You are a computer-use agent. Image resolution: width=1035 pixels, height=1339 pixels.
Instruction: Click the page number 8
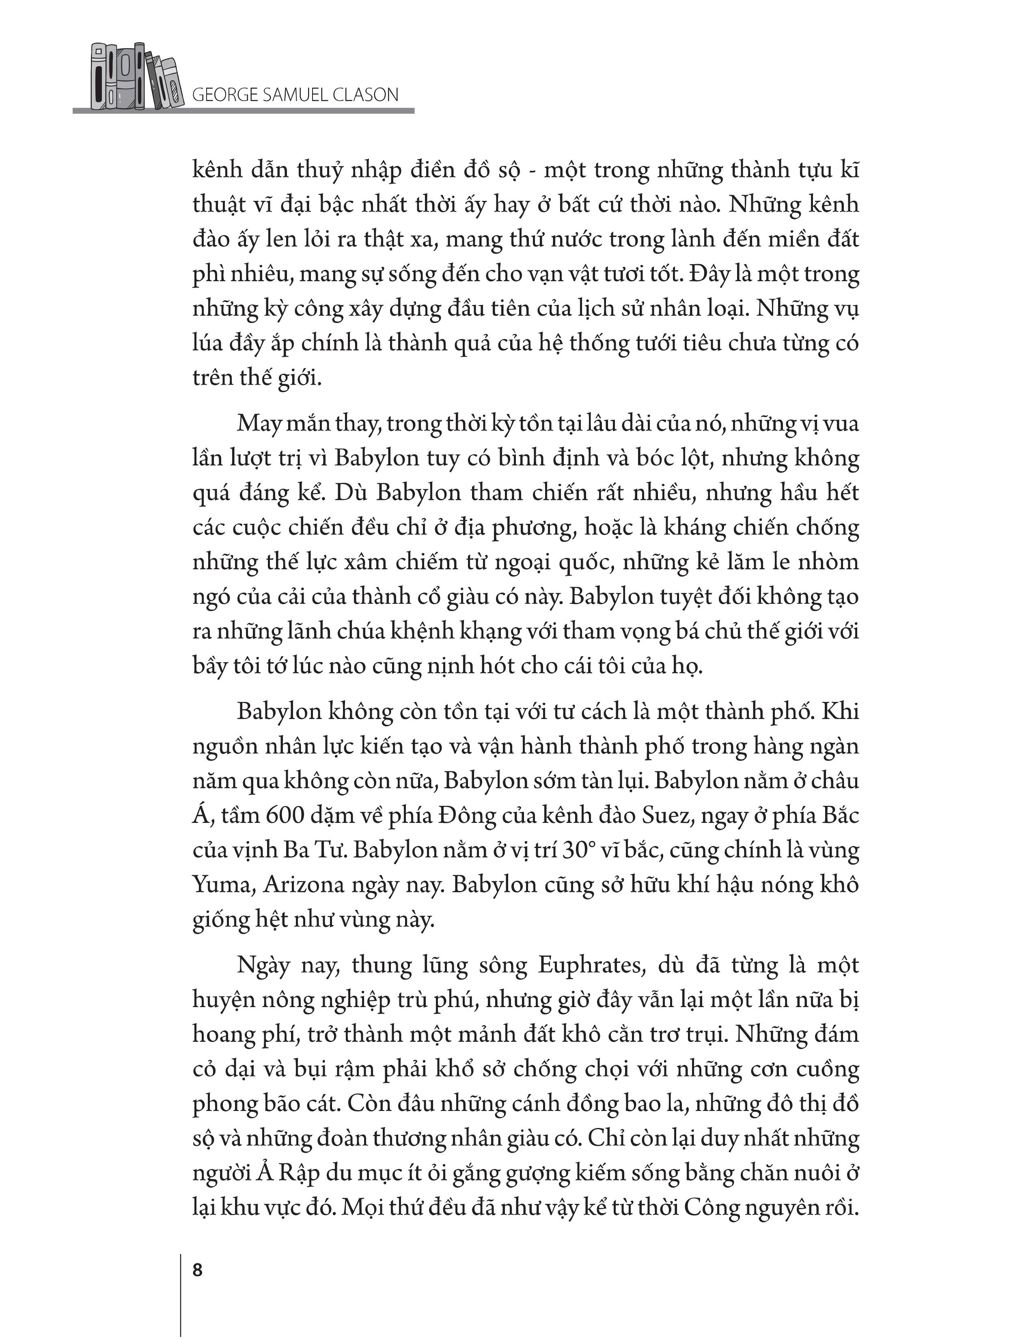[197, 1270]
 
